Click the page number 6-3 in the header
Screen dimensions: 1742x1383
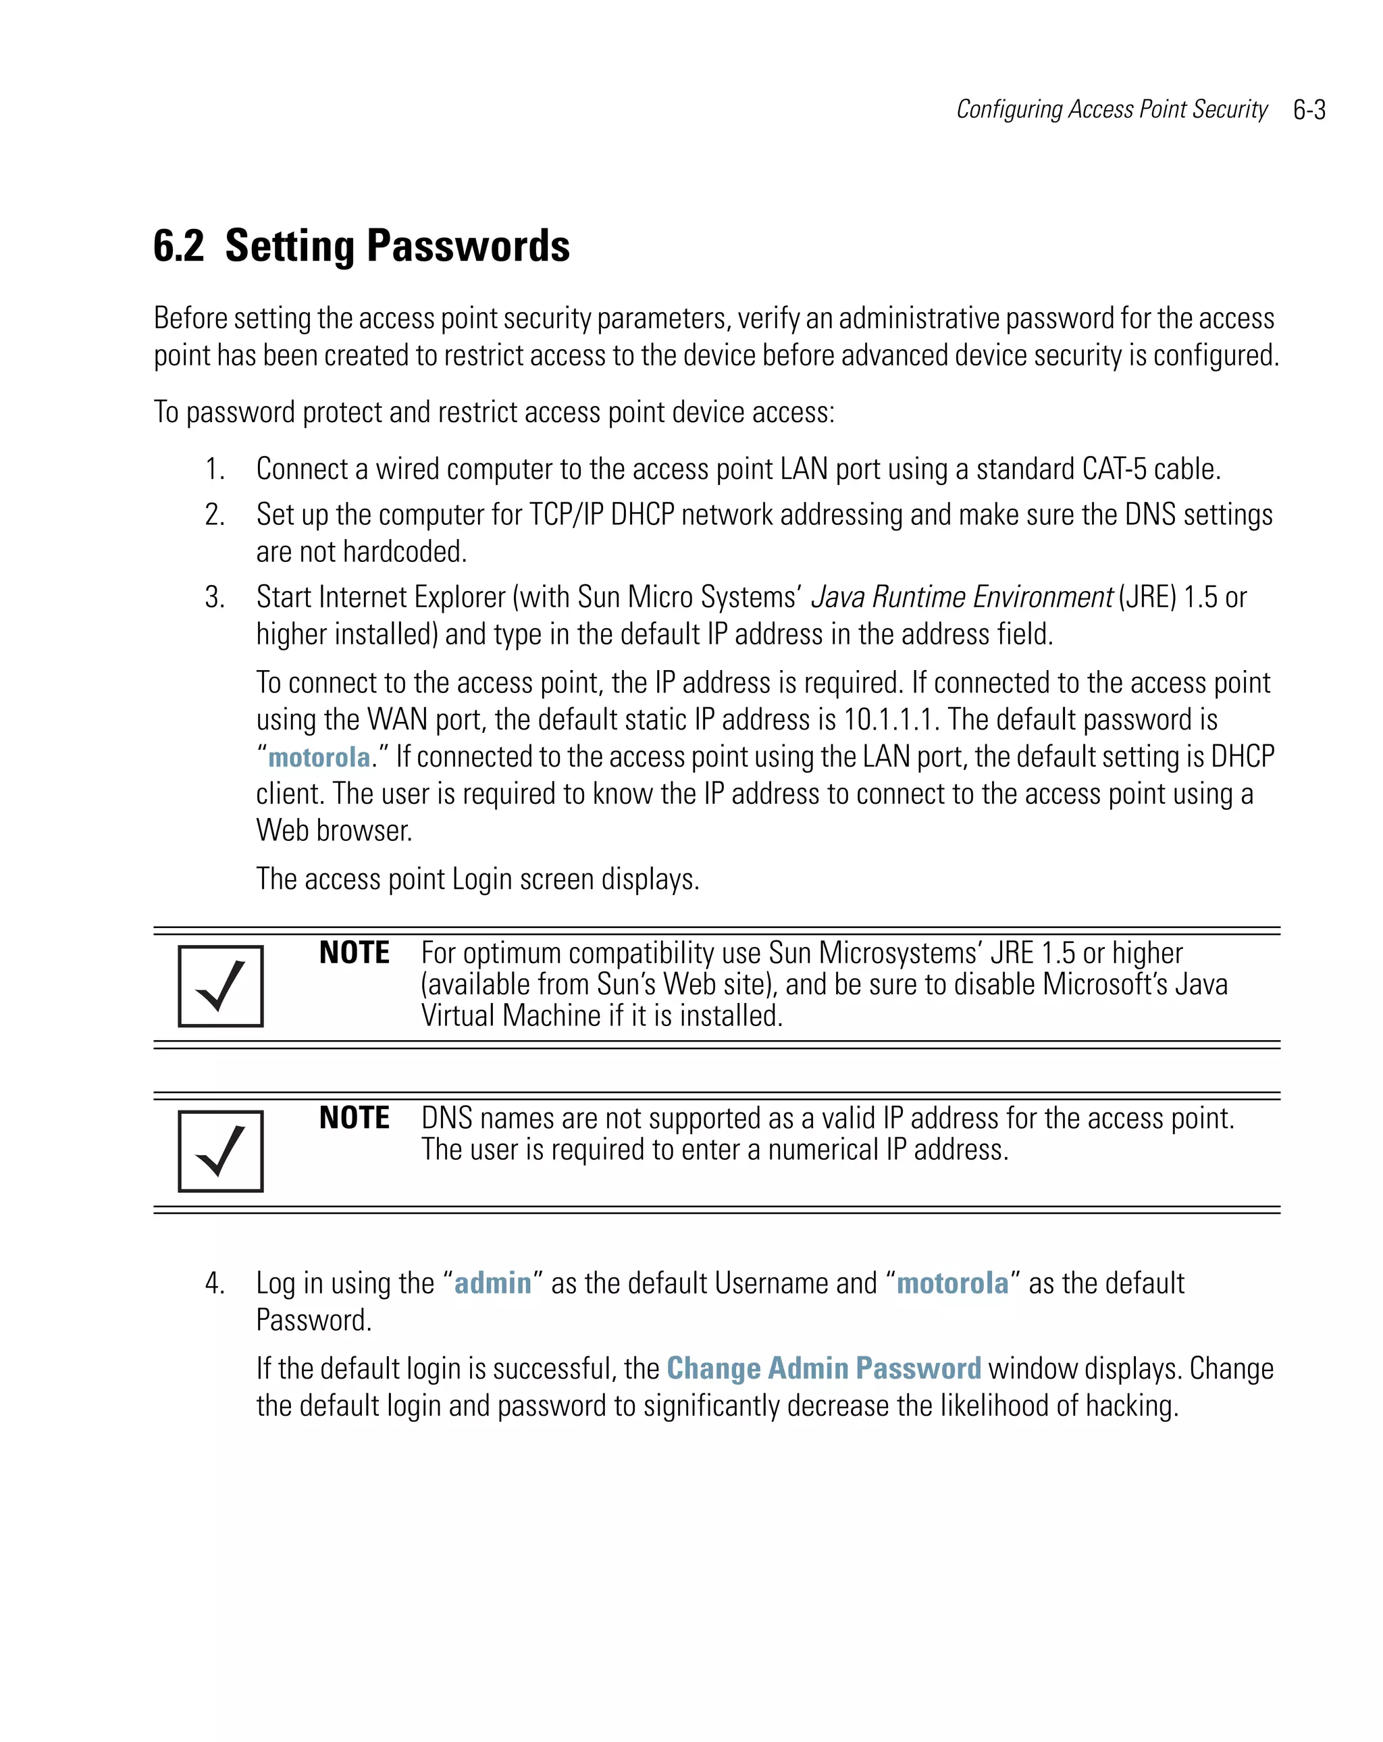(x=1309, y=110)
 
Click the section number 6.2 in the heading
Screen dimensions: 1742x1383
(x=178, y=246)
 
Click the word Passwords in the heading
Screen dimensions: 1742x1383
(x=468, y=246)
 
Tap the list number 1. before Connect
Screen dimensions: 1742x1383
(x=214, y=469)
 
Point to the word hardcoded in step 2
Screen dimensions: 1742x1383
(x=404, y=552)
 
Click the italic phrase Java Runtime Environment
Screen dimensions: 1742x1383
(x=962, y=597)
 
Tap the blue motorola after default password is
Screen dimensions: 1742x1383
(x=319, y=757)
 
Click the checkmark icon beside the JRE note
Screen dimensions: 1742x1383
(x=221, y=985)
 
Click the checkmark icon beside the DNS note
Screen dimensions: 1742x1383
(x=221, y=1150)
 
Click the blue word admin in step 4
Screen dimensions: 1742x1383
(x=493, y=1283)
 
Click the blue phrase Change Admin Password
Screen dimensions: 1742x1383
(x=823, y=1368)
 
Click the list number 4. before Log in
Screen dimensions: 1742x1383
(x=214, y=1283)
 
